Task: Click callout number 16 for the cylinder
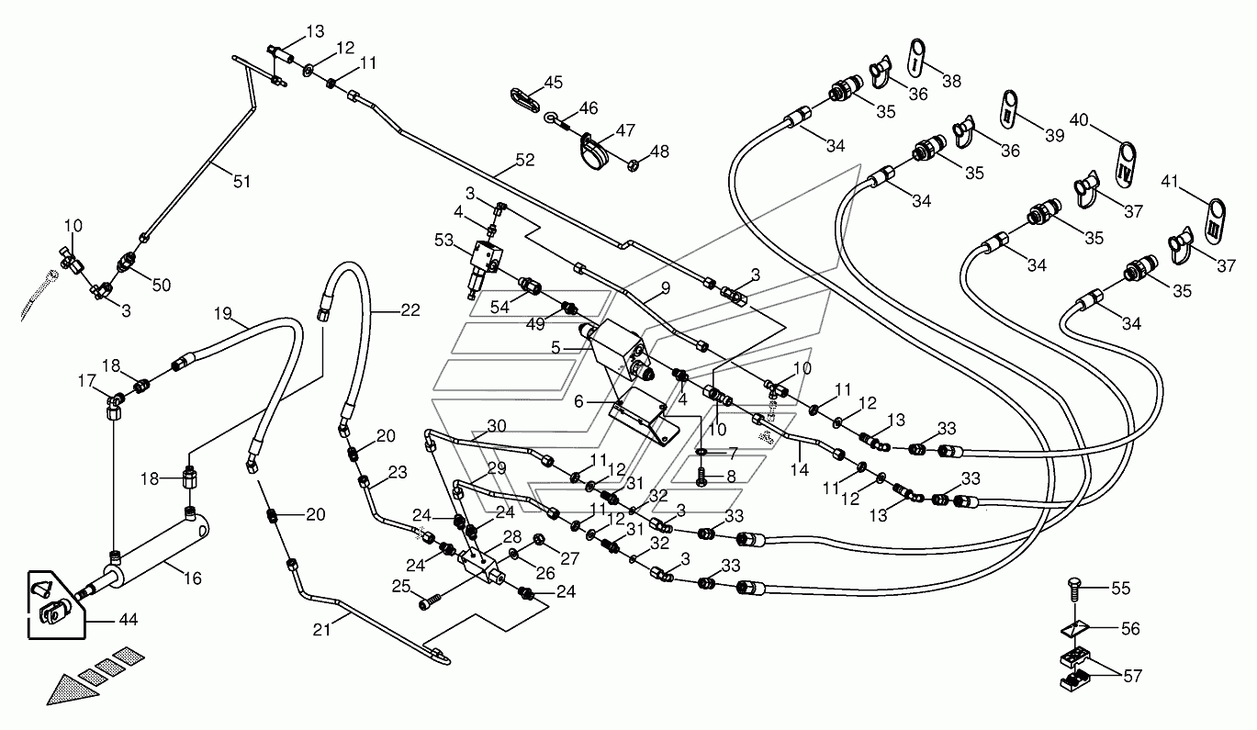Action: point(193,578)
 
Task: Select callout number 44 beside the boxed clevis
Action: point(128,620)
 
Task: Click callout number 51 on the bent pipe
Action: point(241,181)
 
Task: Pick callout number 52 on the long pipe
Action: point(525,160)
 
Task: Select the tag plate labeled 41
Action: point(1216,221)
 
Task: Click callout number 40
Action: point(1079,120)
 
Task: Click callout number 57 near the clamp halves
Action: point(1132,676)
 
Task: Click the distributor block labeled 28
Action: point(482,565)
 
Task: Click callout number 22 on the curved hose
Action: point(410,310)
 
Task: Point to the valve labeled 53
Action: point(484,264)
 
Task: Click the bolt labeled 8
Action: point(701,476)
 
